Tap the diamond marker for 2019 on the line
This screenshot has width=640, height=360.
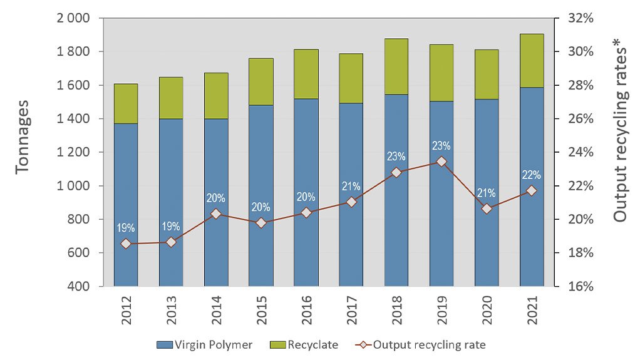click(x=441, y=162)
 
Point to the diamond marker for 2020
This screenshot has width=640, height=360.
click(x=487, y=208)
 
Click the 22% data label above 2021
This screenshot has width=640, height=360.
click(x=532, y=175)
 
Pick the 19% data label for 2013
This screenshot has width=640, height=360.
click(x=171, y=227)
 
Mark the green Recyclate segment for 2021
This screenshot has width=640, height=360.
click(x=532, y=60)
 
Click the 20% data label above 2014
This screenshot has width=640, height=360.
click(x=216, y=198)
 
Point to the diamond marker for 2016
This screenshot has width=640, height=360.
click(x=306, y=213)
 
